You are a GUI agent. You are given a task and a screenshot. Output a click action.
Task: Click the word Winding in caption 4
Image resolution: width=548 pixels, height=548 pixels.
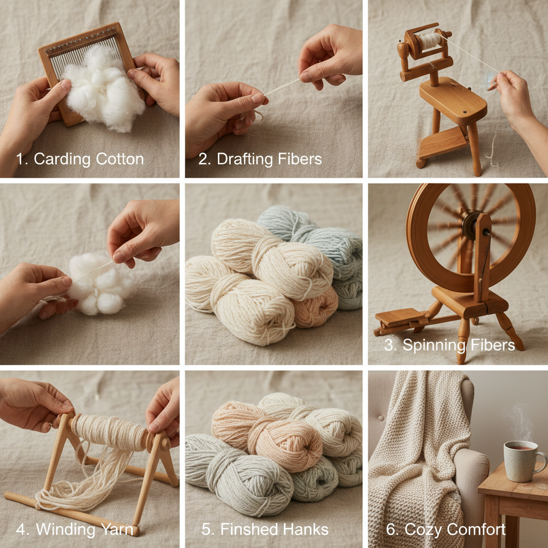[x=66, y=530]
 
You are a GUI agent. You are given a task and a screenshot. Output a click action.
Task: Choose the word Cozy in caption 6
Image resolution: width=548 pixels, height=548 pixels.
[x=423, y=530]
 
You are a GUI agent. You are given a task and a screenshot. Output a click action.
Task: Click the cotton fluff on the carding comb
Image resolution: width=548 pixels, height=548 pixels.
[x=107, y=88]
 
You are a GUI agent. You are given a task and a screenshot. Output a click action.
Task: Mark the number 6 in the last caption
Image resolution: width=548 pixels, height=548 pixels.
[x=391, y=530]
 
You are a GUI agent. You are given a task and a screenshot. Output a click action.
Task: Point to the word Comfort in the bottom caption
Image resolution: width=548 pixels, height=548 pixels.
[x=476, y=530]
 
